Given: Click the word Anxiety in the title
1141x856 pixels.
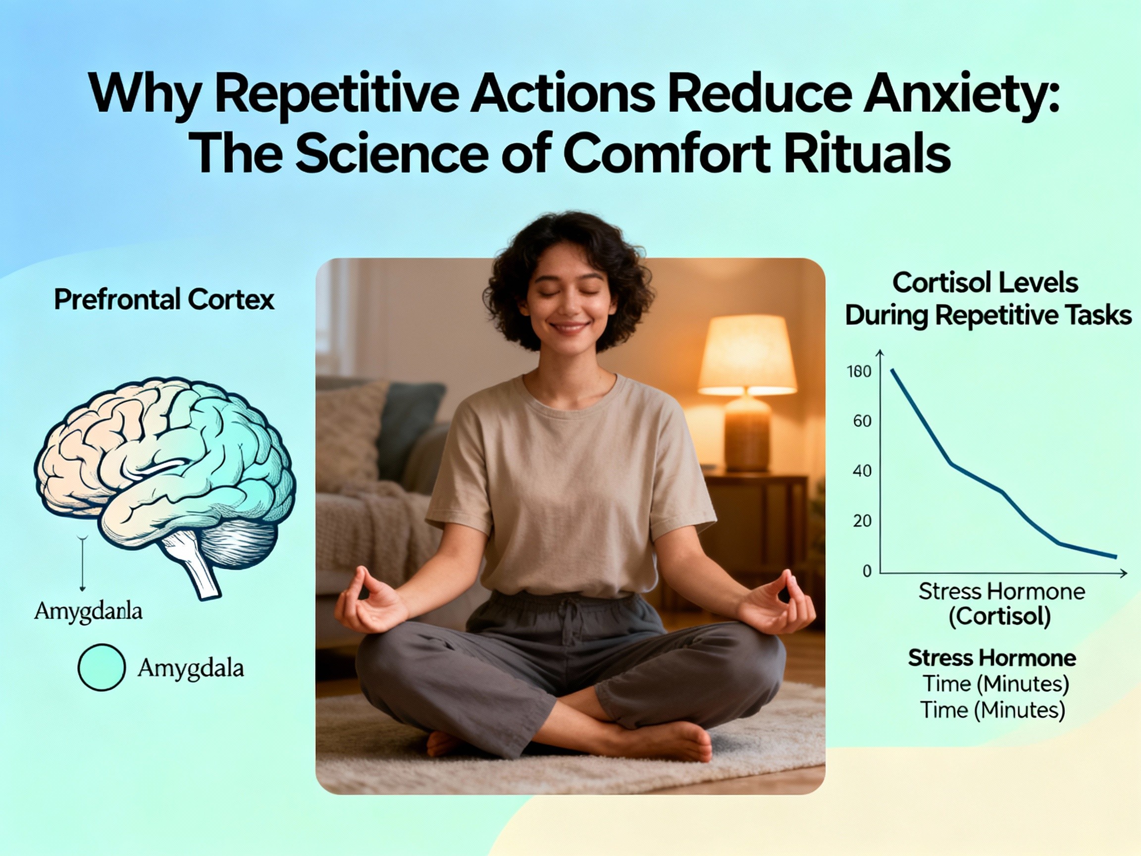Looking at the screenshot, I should [960, 94].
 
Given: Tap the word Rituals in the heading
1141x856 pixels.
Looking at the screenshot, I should [866, 154].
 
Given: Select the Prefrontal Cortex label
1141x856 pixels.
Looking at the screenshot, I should [164, 299].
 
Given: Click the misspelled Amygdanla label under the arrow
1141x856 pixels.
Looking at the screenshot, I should [88, 611].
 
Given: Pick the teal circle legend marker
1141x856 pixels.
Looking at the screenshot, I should [102, 667].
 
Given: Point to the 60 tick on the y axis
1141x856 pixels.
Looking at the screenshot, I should [862, 422].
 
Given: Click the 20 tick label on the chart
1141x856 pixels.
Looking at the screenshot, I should [862, 521].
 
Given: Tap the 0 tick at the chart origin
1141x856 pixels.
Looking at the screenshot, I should [867, 571].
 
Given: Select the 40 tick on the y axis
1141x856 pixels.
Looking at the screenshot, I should [862, 471].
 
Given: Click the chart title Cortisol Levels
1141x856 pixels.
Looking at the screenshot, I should [985, 283].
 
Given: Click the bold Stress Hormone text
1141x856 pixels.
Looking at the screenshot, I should [991, 658].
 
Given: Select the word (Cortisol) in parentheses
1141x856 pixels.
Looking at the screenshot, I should [1000, 616].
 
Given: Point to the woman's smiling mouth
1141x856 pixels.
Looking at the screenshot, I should [570, 327].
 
